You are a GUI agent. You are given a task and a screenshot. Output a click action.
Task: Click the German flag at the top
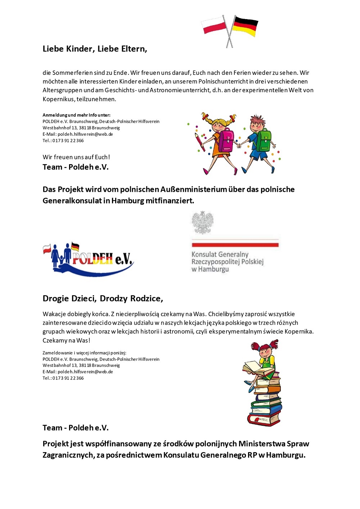[x=245, y=26]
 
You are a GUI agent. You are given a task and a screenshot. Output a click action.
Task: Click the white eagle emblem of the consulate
[x=203, y=222]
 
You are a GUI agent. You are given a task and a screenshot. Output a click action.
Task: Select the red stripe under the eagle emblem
[x=235, y=245]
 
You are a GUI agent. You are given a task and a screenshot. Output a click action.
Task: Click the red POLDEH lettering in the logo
[x=93, y=258]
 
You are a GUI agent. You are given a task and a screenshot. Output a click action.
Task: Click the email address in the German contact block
[x=85, y=134]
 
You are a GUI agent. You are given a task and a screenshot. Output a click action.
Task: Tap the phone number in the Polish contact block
[x=68, y=378]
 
